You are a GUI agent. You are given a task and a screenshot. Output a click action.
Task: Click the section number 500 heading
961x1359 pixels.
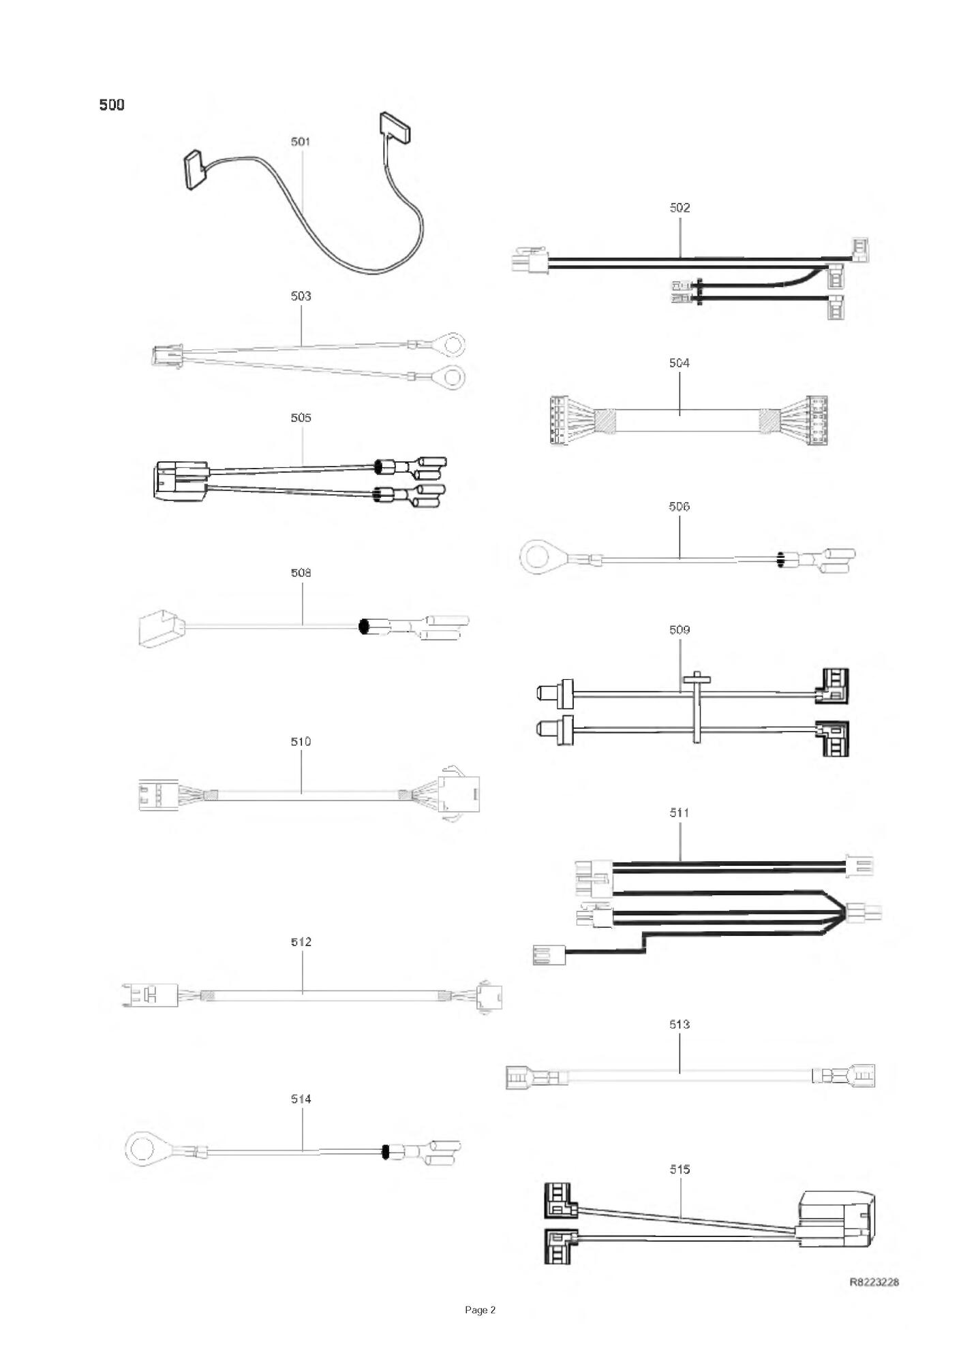112,105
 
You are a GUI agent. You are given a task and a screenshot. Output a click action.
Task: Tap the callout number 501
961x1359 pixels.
301,142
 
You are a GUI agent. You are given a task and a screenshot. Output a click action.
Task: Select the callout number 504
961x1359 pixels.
680,363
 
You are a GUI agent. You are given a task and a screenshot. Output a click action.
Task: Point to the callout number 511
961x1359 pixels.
680,813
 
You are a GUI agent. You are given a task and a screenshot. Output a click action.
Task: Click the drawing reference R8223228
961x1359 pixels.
874,1281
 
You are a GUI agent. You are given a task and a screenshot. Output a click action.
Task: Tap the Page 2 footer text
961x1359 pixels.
480,1309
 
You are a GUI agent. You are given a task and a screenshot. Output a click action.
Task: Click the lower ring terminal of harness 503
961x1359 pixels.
450,375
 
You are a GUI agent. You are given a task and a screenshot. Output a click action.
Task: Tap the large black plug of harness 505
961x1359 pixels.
179,481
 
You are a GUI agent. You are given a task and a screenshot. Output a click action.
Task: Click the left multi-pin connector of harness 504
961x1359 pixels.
560,420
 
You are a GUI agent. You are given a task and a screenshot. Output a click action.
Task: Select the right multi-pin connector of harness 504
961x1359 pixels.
817,420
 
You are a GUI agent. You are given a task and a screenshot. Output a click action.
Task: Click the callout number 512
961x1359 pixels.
301,942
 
